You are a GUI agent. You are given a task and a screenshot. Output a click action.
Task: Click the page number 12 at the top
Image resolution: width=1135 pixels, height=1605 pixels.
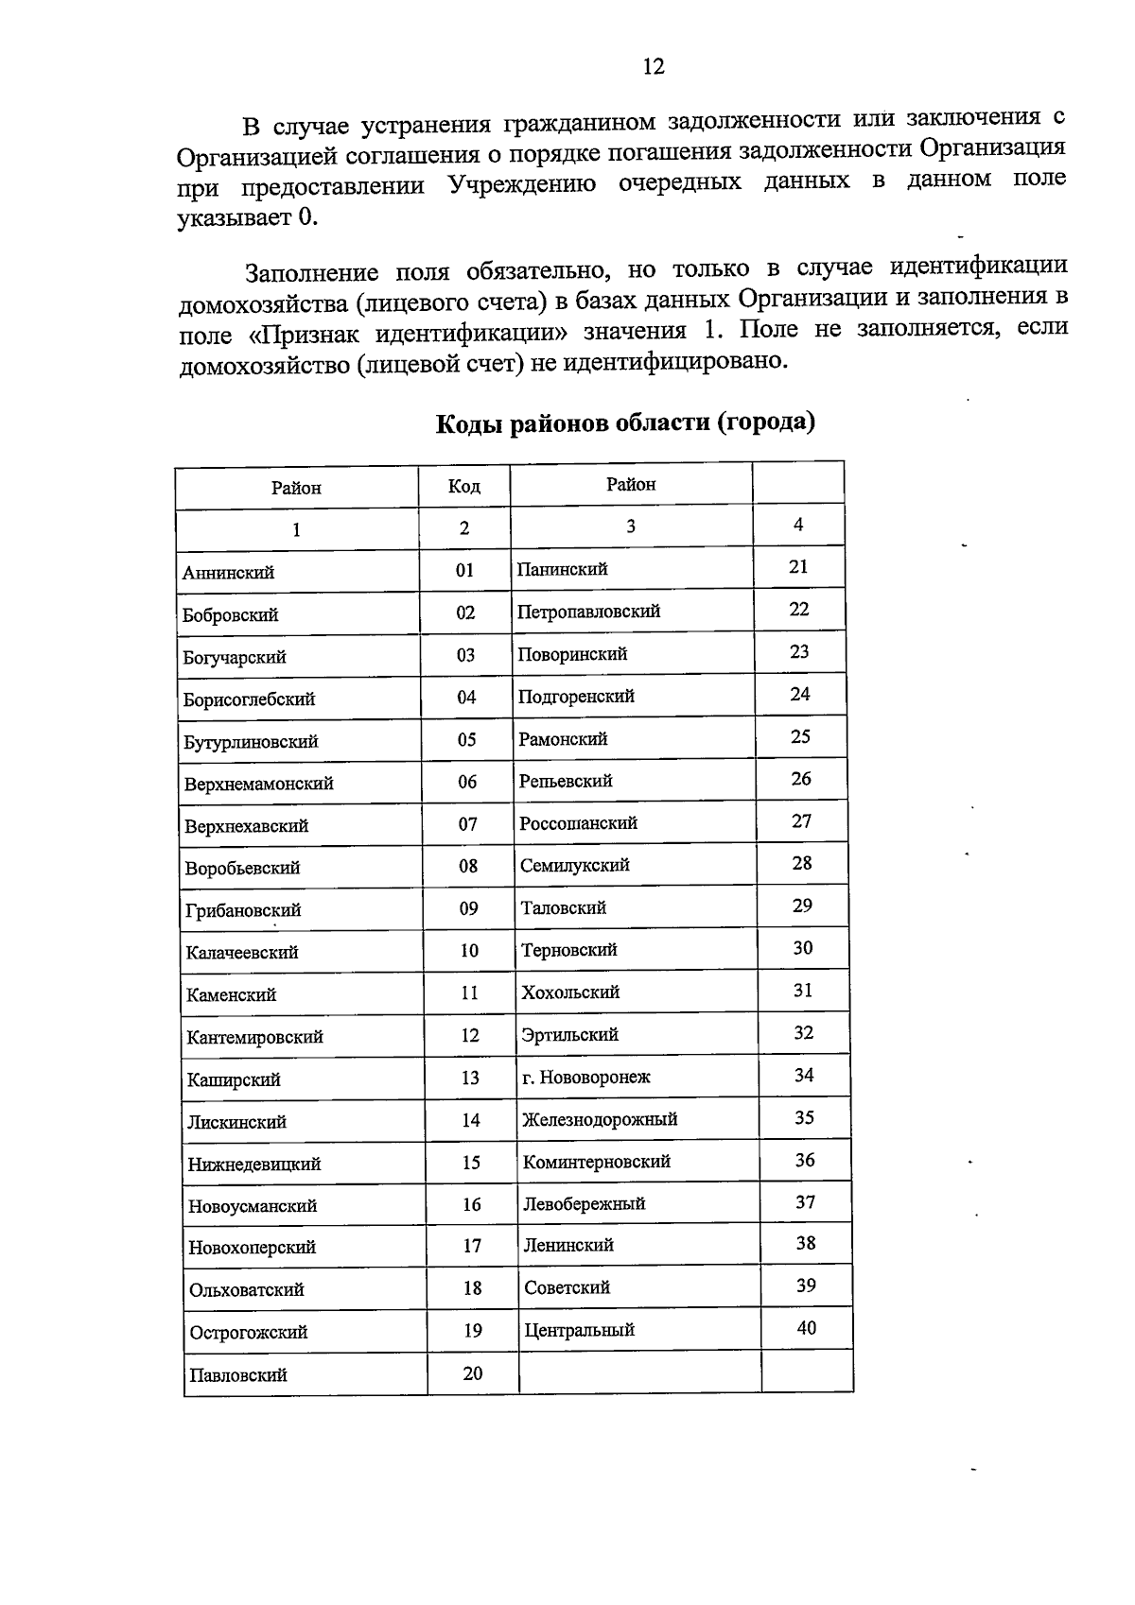coord(654,66)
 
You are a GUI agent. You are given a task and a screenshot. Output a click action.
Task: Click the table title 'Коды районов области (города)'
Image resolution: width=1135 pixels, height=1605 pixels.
coord(625,423)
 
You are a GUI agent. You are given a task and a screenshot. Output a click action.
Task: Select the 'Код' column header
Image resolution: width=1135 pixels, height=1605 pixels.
coord(463,486)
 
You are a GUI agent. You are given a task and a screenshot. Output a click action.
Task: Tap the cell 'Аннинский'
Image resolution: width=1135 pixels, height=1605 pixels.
coord(229,572)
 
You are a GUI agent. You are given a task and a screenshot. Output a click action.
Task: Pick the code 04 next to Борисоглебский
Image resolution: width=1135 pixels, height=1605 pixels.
coord(466,698)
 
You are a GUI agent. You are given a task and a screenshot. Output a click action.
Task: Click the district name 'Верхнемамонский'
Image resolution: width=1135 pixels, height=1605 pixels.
coord(258,784)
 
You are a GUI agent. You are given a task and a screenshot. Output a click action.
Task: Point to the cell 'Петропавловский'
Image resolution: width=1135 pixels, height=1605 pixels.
coord(588,612)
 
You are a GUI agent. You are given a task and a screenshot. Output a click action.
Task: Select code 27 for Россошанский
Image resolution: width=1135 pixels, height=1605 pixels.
coord(801,821)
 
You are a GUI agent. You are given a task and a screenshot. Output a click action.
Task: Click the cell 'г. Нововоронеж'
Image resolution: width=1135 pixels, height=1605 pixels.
coord(586,1077)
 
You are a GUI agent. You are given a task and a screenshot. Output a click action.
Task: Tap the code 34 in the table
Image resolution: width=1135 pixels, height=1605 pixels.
coord(804,1075)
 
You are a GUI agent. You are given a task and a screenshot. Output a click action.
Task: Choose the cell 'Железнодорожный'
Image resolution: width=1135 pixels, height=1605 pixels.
coord(600,1119)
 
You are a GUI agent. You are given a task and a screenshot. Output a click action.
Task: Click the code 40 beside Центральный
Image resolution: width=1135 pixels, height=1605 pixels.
coord(806,1328)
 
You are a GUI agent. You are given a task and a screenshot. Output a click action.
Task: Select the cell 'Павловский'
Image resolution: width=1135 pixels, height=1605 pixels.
coord(238,1375)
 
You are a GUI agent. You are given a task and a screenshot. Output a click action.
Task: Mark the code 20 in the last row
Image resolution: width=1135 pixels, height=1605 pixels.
coord(473,1373)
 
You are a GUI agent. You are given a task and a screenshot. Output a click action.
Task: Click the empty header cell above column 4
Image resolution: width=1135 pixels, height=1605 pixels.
coord(798,483)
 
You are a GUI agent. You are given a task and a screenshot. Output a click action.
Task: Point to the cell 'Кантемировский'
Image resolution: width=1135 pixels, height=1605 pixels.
coord(255,1037)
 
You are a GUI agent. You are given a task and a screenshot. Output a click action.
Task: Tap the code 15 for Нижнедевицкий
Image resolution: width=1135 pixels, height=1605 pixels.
coord(471,1163)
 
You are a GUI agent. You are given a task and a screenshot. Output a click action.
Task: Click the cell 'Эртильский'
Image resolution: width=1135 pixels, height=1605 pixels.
coord(569,1034)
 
